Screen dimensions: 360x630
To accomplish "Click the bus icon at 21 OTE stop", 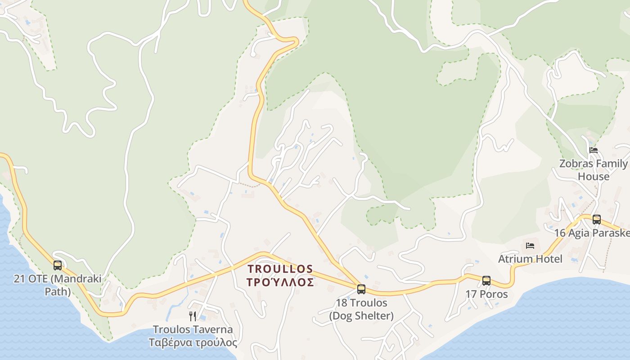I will (x=58, y=265).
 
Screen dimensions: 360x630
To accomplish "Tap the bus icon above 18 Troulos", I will (x=361, y=289).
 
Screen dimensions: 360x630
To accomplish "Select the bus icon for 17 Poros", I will (x=486, y=281).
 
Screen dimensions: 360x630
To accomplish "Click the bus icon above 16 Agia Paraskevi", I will (x=596, y=220).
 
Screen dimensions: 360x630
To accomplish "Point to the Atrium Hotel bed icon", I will (x=530, y=246).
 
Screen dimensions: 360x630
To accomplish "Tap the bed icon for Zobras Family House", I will (x=594, y=150).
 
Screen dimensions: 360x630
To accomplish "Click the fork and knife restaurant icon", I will (x=193, y=316).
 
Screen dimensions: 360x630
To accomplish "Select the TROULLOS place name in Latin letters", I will (x=280, y=269).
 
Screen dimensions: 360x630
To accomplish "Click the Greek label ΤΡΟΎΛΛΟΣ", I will (x=280, y=283).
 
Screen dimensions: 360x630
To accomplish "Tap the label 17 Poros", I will (x=486, y=294).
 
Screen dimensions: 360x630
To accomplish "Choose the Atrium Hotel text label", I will (x=530, y=259).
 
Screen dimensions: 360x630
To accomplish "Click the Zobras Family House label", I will (x=593, y=170).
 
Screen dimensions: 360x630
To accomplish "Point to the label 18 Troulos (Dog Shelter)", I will (x=361, y=309).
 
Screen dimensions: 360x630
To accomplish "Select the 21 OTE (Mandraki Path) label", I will (x=58, y=285).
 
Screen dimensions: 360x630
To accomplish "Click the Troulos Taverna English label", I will (x=193, y=329).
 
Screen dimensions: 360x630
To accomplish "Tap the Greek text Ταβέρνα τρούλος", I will (x=193, y=342).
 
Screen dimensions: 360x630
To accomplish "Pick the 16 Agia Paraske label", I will (x=591, y=233).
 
